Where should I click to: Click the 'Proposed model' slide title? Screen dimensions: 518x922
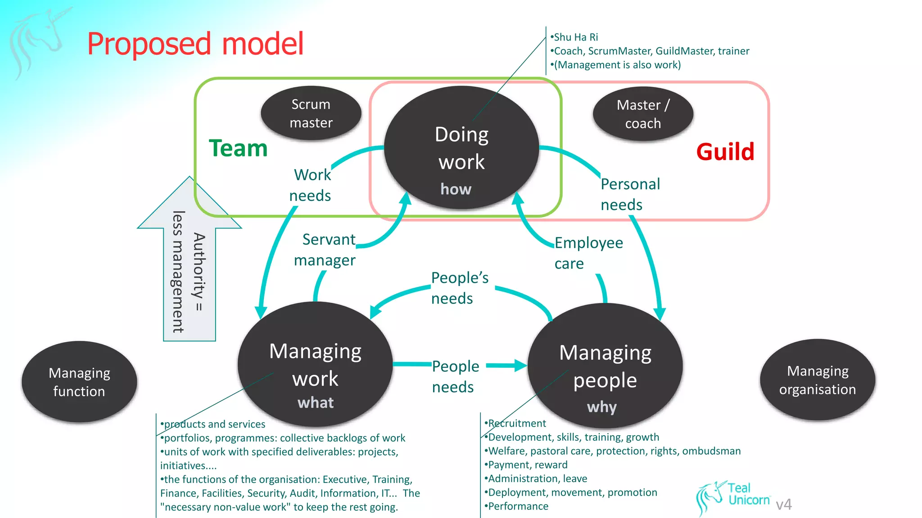coord(195,44)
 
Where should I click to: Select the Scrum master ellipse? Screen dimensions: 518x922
coord(311,113)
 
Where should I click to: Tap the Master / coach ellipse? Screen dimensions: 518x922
coord(642,114)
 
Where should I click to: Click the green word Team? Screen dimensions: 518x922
coord(238,148)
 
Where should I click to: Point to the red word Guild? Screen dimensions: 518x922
coord(725,152)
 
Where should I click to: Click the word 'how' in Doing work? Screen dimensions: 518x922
coord(456,189)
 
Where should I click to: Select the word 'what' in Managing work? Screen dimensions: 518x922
coord(315,402)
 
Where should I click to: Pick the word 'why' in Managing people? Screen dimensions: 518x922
coord(601,407)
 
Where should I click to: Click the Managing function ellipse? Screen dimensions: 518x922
coord(79,382)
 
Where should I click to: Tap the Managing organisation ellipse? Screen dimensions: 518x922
coord(817,380)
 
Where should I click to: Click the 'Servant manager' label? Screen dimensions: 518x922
coord(325,250)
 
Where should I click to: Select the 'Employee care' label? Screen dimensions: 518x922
coord(588,253)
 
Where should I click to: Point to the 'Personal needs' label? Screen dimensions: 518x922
coord(629,194)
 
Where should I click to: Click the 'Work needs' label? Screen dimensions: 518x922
coord(311,185)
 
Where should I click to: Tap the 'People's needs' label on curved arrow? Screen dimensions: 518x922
coord(459,288)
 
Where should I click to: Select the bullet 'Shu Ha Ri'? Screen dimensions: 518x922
coord(576,37)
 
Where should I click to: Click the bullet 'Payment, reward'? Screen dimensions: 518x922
coord(528,464)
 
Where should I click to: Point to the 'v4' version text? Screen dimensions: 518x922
coord(784,505)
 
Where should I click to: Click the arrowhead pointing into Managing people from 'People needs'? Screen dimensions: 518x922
coord(521,366)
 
